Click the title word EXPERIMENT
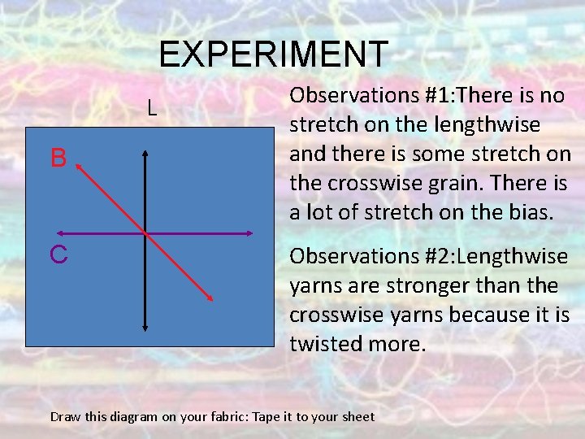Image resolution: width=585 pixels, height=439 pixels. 274,54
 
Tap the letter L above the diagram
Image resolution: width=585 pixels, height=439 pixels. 152,106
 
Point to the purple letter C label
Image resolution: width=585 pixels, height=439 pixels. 58,254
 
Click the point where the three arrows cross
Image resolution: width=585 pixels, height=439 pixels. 145,234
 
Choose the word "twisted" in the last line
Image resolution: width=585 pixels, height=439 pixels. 323,344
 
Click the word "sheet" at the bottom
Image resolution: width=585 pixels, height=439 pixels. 358,417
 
